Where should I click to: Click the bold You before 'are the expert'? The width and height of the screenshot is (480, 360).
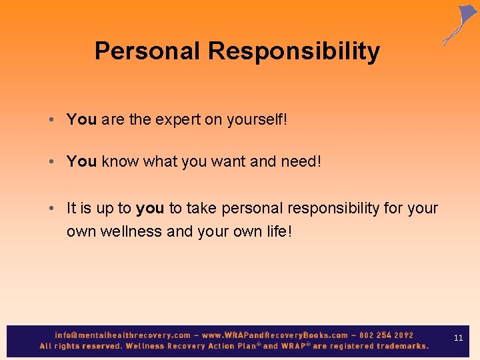(81, 119)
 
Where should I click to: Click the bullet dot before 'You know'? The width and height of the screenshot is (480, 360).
(51, 161)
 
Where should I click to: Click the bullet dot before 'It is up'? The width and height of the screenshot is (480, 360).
(51, 209)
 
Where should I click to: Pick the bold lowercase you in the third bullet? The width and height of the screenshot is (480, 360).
(150, 209)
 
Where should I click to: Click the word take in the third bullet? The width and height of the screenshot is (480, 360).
(201, 209)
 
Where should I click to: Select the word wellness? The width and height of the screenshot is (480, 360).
(131, 232)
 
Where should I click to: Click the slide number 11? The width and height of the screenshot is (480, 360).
(458, 339)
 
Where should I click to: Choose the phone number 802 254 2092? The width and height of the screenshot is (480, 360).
(385, 335)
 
